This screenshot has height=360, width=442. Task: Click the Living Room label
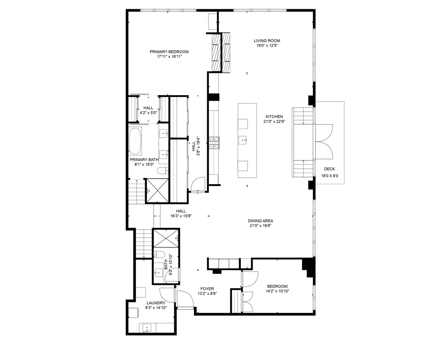tap(267, 40)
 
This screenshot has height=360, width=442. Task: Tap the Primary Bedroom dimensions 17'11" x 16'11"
tap(170, 57)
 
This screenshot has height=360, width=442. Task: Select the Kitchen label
tap(274, 117)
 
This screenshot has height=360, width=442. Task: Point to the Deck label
tap(329, 169)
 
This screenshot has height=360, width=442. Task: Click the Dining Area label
tap(260, 221)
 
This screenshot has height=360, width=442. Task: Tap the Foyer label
tap(207, 288)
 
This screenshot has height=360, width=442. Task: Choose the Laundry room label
tap(156, 303)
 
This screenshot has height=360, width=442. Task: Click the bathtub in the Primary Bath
tap(135, 141)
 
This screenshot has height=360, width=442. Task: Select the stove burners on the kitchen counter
tap(214, 143)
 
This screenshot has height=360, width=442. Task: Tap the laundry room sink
tap(147, 328)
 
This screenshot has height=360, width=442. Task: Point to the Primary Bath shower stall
tap(157, 191)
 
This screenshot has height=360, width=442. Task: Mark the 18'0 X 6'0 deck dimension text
tap(330, 176)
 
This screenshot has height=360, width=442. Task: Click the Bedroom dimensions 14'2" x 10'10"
tap(278, 291)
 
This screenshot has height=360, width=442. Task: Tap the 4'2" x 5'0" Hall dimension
tap(148, 113)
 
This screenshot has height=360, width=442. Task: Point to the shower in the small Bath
tap(166, 238)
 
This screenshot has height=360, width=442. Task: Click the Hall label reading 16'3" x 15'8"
tap(181, 216)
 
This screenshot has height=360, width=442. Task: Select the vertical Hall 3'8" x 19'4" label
tap(196, 146)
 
